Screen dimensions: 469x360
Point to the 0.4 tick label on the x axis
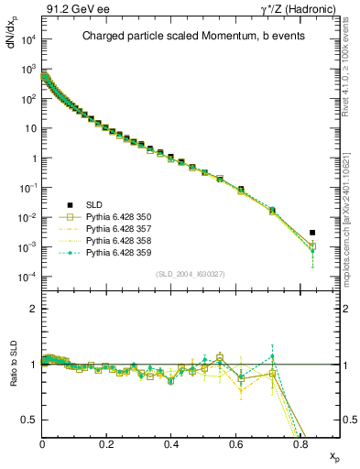pos(171,443)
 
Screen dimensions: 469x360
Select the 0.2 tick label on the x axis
pos(107,443)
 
